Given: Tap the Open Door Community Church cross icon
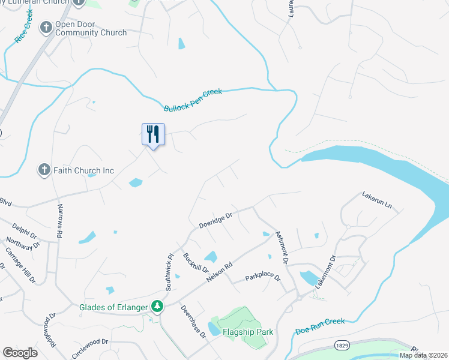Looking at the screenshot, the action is coord(46,28).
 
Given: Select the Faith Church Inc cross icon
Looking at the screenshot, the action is coord(44,170).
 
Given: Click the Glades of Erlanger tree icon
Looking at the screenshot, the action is coord(157,307).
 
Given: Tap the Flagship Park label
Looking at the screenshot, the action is coord(248,332).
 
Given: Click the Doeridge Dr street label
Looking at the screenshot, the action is coord(215,219).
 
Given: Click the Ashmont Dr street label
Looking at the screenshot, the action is coord(282,248).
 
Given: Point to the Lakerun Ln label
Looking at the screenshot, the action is coord(376,200).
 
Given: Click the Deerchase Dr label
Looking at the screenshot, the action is coord(193,322).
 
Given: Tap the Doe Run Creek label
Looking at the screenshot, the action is coord(320,326).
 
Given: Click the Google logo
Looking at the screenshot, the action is coord(20,353).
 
